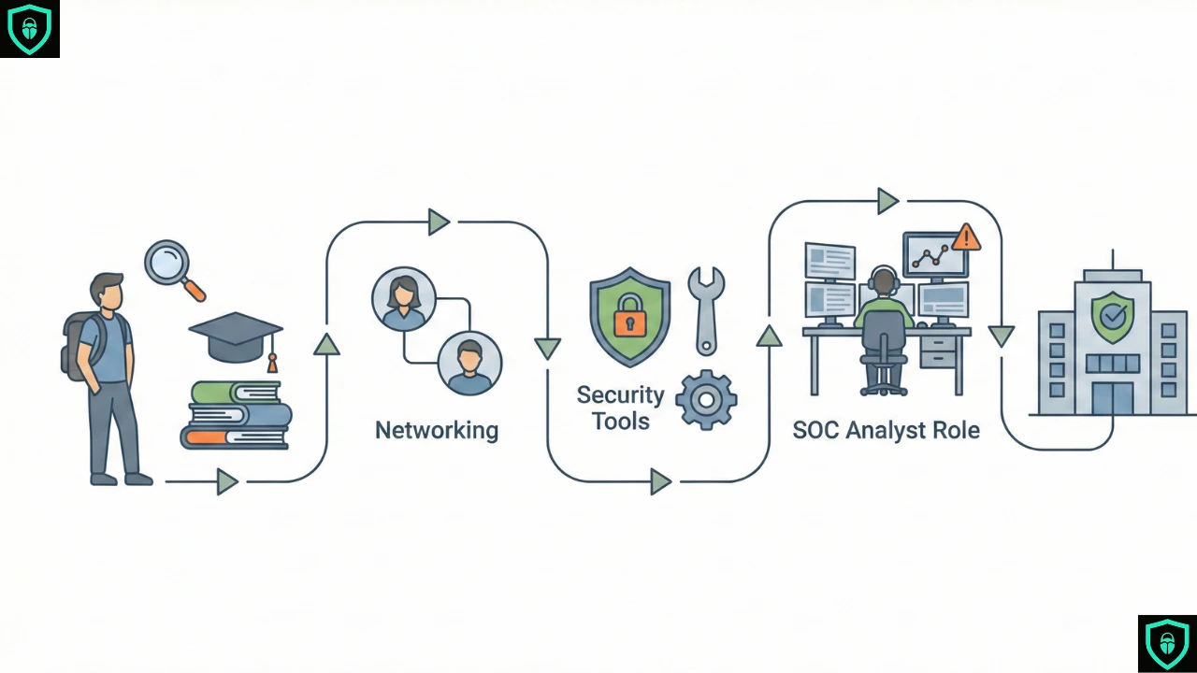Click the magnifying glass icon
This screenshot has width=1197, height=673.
pyautogui.click(x=169, y=265)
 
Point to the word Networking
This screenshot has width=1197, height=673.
pyautogui.click(x=437, y=430)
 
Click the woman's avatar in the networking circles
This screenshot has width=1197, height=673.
pyautogui.click(x=404, y=298)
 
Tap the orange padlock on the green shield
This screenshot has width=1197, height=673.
pyautogui.click(x=630, y=320)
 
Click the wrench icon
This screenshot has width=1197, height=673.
pyautogui.click(x=705, y=308)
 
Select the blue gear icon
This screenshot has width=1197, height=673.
pyautogui.click(x=706, y=399)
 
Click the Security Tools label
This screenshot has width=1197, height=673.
pyautogui.click(x=620, y=408)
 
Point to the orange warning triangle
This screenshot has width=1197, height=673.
pyautogui.click(x=966, y=238)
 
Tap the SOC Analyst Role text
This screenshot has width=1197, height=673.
pyautogui.click(x=886, y=431)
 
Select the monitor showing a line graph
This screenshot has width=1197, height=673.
pyautogui.click(x=935, y=254)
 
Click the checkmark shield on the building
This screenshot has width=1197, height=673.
pyautogui.click(x=1112, y=316)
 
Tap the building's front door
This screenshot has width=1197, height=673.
pyautogui.click(x=1112, y=396)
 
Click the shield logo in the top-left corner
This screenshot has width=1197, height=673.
pyautogui.click(x=29, y=29)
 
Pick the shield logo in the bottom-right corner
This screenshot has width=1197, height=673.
pyautogui.click(x=1167, y=643)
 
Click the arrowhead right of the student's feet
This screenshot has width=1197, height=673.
pyautogui.click(x=226, y=481)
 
